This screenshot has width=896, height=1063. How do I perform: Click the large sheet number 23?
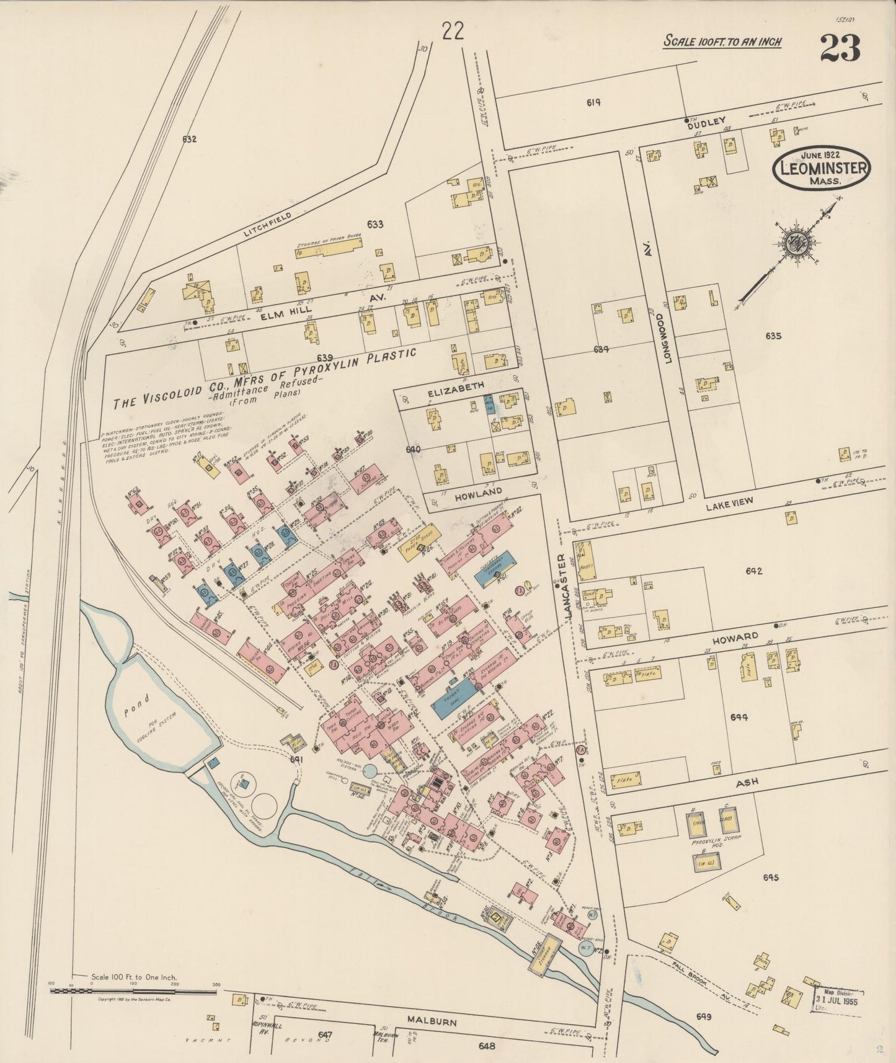coord(840,48)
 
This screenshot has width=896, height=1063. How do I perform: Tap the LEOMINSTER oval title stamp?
coord(822,167)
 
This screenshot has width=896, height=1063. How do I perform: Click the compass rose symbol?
coord(794,244)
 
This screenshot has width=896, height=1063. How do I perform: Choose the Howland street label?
coord(477,491)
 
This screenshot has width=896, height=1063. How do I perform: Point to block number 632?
coord(189,140)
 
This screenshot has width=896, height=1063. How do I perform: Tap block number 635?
coord(773,337)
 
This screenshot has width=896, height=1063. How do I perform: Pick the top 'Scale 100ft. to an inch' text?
coord(722,42)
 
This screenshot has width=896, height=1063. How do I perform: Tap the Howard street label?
coord(740,637)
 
